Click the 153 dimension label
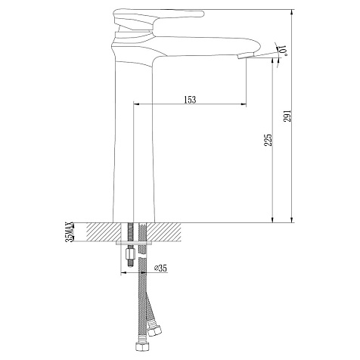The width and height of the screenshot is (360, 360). (x=190, y=100)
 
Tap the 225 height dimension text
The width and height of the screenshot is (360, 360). (x=268, y=140)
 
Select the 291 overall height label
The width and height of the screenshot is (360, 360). (x=288, y=116)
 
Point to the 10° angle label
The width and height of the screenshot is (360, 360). (x=282, y=51)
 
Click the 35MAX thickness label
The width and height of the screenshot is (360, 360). (x=70, y=232)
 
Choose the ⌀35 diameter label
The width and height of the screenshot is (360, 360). (x=160, y=268)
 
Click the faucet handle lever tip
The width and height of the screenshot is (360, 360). (x=202, y=14)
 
